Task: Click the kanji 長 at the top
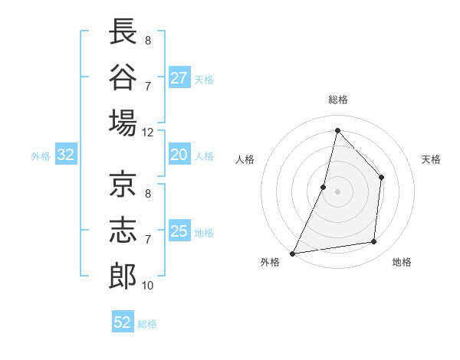(123, 33)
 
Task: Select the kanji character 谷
(123, 77)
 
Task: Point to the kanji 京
(123, 185)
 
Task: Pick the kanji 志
(123, 231)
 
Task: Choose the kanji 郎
(123, 276)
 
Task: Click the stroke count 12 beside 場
(148, 132)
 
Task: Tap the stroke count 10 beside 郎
(148, 286)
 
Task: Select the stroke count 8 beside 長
(147, 41)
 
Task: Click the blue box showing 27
(179, 78)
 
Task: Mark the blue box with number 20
(179, 155)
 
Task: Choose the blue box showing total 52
(123, 322)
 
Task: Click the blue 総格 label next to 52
(147, 324)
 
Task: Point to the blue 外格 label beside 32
(41, 156)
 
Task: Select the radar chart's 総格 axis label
(338, 100)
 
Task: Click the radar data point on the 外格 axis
(293, 253)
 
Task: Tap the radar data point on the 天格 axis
(381, 178)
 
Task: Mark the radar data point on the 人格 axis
(324, 187)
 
